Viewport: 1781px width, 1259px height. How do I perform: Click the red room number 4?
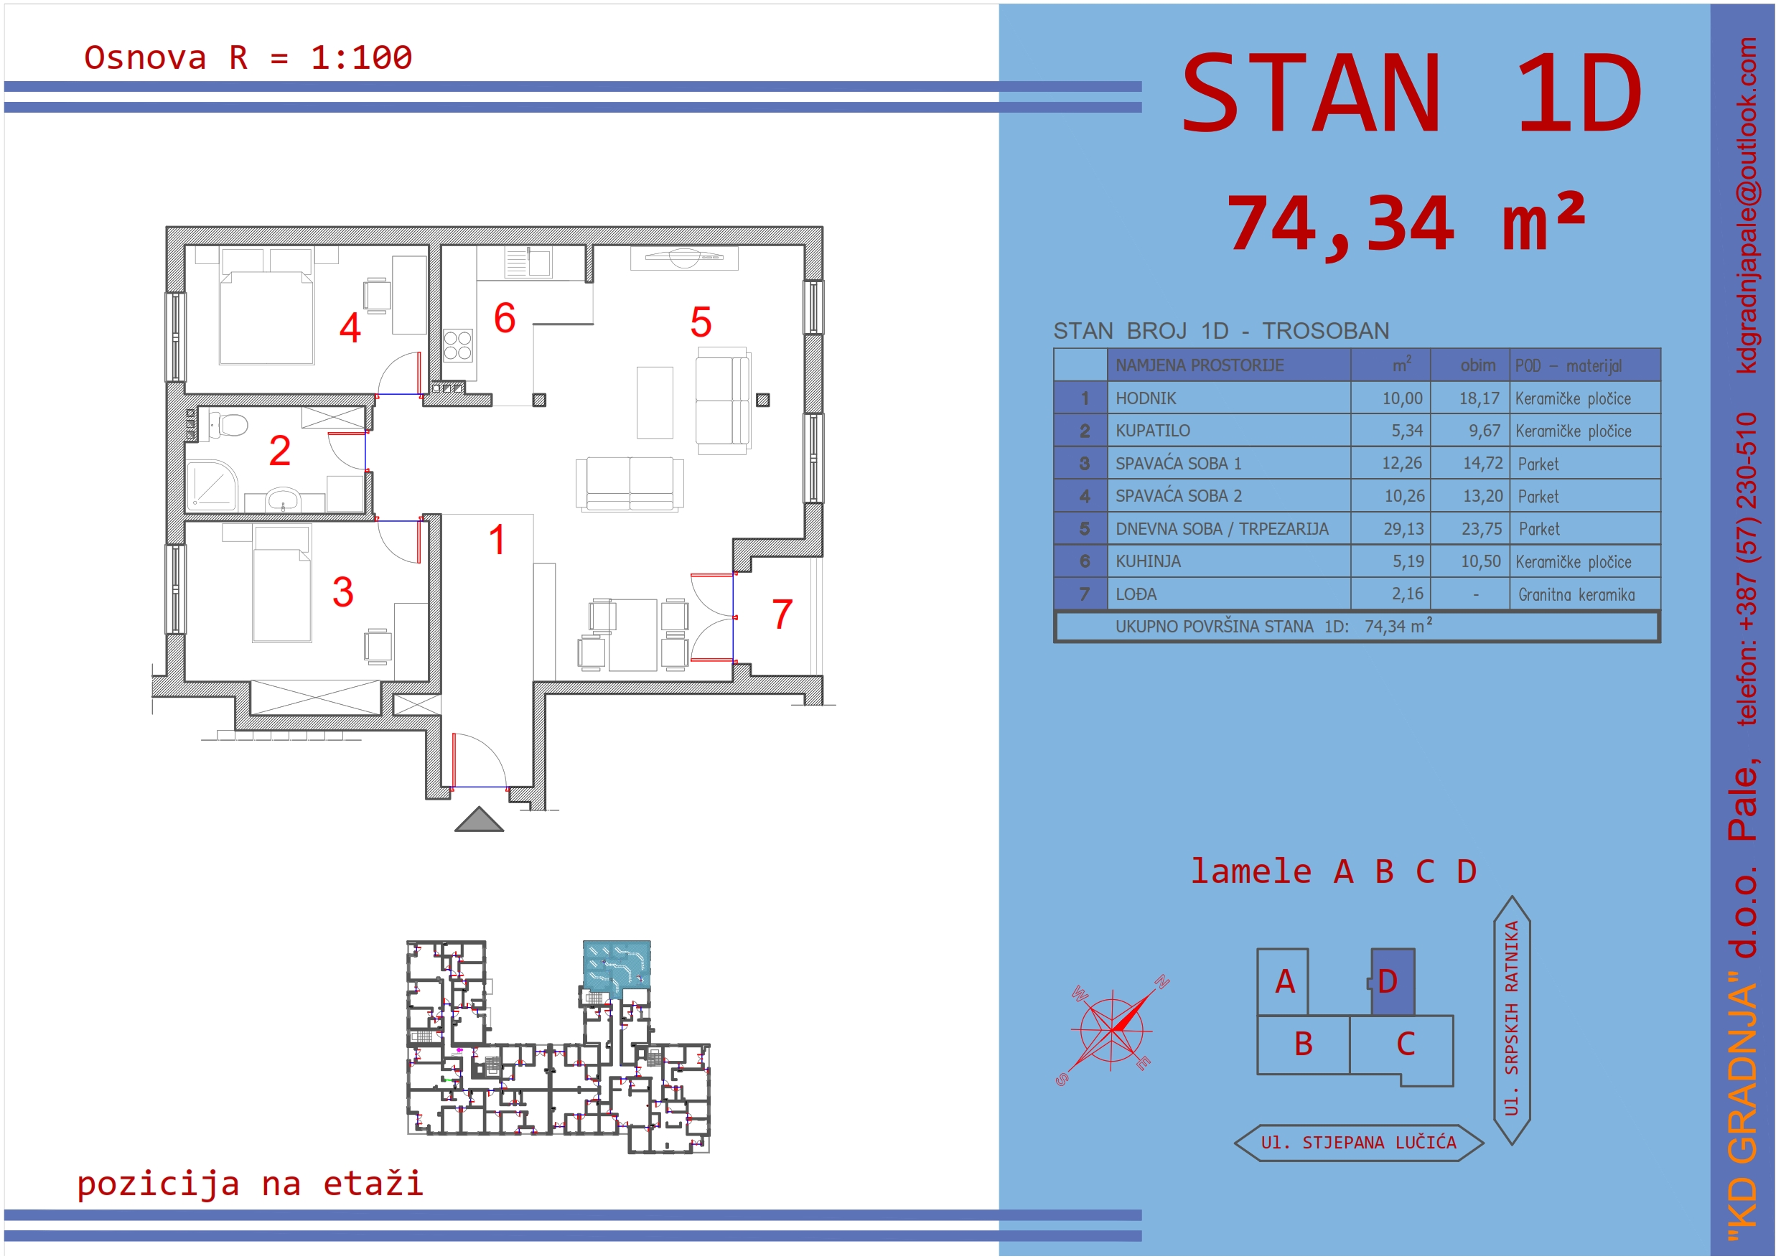tap(350, 327)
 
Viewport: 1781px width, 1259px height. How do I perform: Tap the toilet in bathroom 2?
tap(228, 424)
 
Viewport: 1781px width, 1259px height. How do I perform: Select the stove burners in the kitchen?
tap(458, 345)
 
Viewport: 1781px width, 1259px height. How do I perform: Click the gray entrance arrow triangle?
tap(479, 819)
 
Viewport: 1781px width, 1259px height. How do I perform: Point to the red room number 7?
tap(782, 614)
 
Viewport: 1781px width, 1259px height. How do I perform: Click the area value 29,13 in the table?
tap(1403, 529)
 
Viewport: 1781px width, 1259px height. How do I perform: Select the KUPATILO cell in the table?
tap(1229, 431)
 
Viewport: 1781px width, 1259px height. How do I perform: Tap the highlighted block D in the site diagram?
tap(1393, 981)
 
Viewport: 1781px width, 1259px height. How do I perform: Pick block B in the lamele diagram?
tap(1303, 1044)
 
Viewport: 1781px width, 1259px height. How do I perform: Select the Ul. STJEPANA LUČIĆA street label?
tap(1358, 1143)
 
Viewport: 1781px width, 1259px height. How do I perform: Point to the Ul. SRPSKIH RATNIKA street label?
tap(1512, 1019)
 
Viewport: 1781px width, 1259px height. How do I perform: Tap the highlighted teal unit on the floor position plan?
tap(617, 965)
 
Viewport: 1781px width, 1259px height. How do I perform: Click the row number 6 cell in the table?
tap(1085, 561)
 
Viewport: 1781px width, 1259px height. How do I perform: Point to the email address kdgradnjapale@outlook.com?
tap(1748, 205)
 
